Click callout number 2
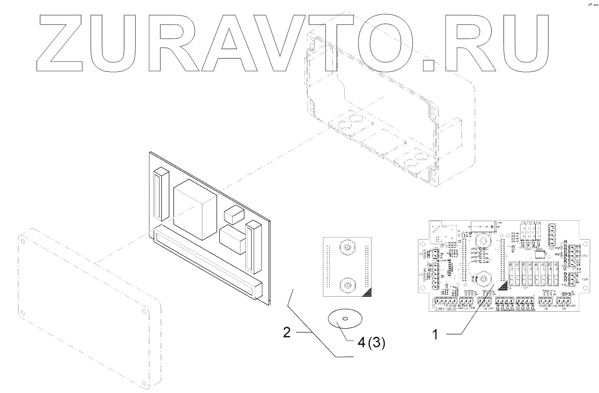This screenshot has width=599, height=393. [x=286, y=333]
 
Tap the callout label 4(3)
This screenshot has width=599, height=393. [x=371, y=343]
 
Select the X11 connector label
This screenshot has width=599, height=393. [x=584, y=256]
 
